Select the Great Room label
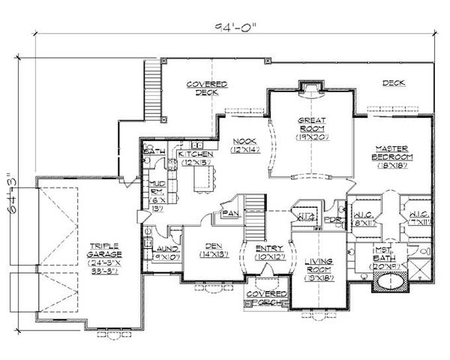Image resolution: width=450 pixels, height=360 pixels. click(x=310, y=128)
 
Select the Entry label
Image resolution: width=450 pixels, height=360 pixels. click(x=269, y=253)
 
